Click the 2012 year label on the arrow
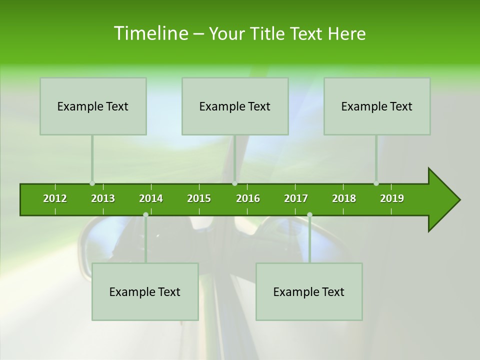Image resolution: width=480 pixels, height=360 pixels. point(55,198)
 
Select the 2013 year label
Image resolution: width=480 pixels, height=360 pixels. point(103,198)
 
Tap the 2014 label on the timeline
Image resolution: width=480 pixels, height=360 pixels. point(151,198)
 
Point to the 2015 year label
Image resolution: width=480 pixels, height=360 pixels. point(199,198)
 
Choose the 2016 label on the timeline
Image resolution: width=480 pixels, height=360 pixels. point(248,198)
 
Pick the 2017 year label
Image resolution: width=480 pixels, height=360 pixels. point(296,198)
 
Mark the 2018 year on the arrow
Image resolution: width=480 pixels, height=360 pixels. point(344,198)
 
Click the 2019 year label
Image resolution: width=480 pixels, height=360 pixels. point(392,198)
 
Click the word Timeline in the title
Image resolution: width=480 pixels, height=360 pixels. point(150,33)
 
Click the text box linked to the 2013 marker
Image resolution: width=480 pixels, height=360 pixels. point(93,106)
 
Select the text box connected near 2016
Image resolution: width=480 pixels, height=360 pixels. point(235,106)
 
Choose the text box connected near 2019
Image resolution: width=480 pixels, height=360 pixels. point(377,106)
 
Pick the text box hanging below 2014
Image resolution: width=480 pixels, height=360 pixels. point(145,291)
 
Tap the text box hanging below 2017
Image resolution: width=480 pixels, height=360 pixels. point(309,291)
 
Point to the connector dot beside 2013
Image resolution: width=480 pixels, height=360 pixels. point(92,183)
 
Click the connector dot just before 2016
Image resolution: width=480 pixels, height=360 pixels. point(234,183)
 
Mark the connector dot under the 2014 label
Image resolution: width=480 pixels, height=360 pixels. point(145,214)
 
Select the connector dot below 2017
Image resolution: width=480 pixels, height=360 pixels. point(309,214)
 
